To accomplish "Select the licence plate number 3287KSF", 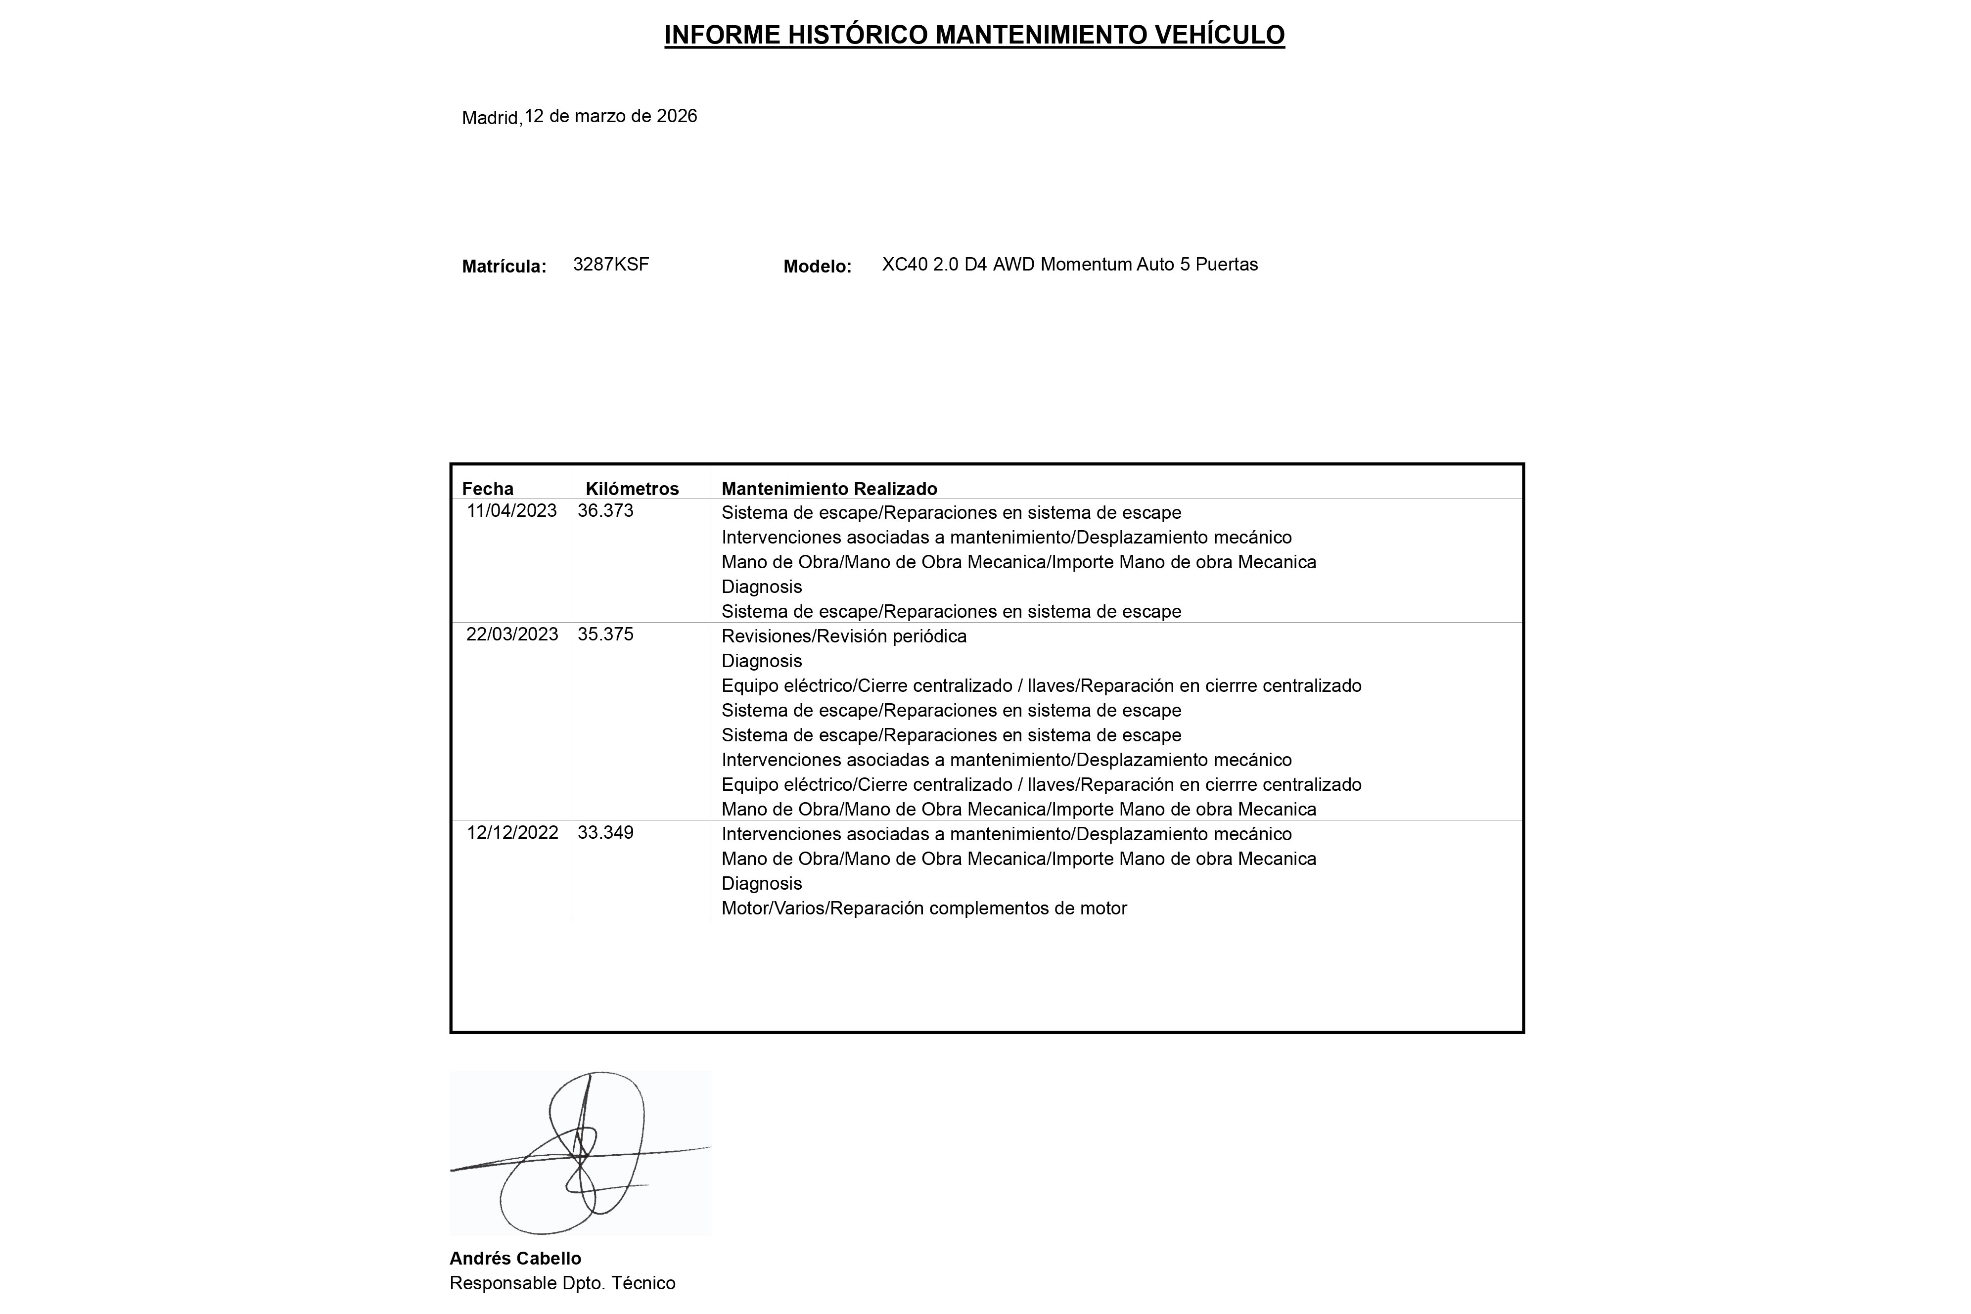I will click(611, 265).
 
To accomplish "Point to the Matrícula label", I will click(504, 267).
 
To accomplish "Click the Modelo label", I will click(817, 267).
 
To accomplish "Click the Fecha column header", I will click(488, 489).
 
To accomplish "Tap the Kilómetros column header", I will click(632, 489).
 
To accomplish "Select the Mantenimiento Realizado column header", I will click(829, 489).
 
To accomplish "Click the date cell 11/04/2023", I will click(511, 511).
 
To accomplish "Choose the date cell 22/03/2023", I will click(512, 634).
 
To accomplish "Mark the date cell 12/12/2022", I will click(512, 833).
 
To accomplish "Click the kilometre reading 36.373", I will click(605, 511).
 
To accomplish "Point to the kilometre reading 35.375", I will click(605, 634).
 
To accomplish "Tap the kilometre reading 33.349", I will click(605, 833).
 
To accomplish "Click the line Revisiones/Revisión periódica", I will click(844, 636).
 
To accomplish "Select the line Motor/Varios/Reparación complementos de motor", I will click(923, 908).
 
